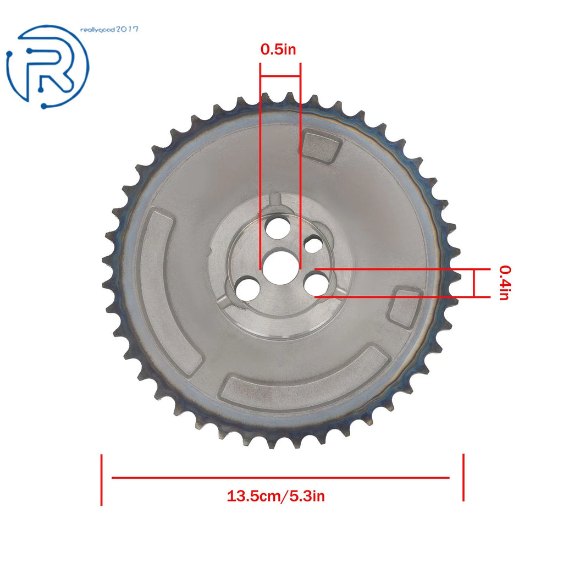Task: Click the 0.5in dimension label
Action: [x=278, y=49]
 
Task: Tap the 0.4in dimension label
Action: [x=505, y=283]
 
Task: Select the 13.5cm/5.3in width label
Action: [x=276, y=496]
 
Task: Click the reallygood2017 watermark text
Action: [x=109, y=30]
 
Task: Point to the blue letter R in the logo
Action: [x=50, y=69]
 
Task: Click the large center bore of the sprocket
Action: [x=280, y=268]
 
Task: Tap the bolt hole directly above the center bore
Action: [x=276, y=228]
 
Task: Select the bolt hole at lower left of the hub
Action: [x=248, y=289]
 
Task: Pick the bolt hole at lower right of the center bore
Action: [x=316, y=283]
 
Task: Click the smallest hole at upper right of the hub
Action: [x=314, y=245]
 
